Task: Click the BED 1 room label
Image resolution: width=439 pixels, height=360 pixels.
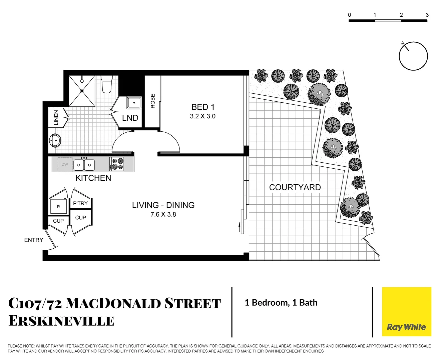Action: (x=203, y=107)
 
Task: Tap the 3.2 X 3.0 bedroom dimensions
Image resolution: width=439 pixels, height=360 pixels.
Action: (x=203, y=116)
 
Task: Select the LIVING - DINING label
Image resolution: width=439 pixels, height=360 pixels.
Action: (x=163, y=205)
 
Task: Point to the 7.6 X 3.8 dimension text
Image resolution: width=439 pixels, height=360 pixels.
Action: (x=163, y=214)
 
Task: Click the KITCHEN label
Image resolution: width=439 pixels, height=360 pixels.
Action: (x=93, y=178)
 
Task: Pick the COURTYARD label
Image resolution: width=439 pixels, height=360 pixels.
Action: (x=295, y=187)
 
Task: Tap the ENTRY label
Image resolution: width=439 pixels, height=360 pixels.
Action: (x=34, y=240)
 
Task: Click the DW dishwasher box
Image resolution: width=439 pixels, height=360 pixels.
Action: (x=65, y=164)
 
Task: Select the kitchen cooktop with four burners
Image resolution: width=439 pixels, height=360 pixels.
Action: (x=117, y=164)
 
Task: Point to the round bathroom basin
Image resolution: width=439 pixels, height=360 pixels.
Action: (x=55, y=141)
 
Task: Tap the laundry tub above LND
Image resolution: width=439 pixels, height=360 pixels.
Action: (x=134, y=103)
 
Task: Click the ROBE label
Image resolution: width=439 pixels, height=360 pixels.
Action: (x=153, y=101)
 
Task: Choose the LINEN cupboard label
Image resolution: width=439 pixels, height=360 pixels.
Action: (x=56, y=118)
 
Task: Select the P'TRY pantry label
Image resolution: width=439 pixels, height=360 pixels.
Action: (x=80, y=203)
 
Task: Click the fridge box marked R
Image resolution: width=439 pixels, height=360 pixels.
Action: (x=58, y=207)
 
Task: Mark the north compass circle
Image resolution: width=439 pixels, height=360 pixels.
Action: (x=413, y=56)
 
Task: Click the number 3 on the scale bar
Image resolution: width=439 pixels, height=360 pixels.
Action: (x=427, y=15)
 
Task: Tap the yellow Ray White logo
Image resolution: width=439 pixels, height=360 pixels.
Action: (x=406, y=312)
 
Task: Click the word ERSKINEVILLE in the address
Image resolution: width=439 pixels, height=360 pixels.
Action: (x=61, y=321)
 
